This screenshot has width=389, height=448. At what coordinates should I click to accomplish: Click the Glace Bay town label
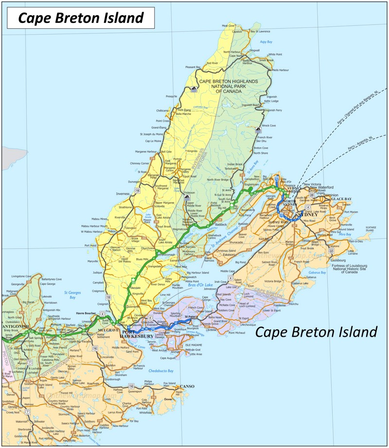pos(341,199)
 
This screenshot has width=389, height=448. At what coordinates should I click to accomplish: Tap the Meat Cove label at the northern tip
pos(229,25)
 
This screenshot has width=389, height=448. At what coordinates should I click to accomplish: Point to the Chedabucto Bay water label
pos(161,371)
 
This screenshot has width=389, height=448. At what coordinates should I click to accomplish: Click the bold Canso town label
pos(187,386)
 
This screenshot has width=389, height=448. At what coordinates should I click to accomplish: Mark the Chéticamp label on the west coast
pos(162,111)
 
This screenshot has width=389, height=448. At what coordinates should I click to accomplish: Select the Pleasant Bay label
pos(193,67)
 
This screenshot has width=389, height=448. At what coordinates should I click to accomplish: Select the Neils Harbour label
pos(281,70)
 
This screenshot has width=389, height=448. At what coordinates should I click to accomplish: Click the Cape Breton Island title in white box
pos(81,18)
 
